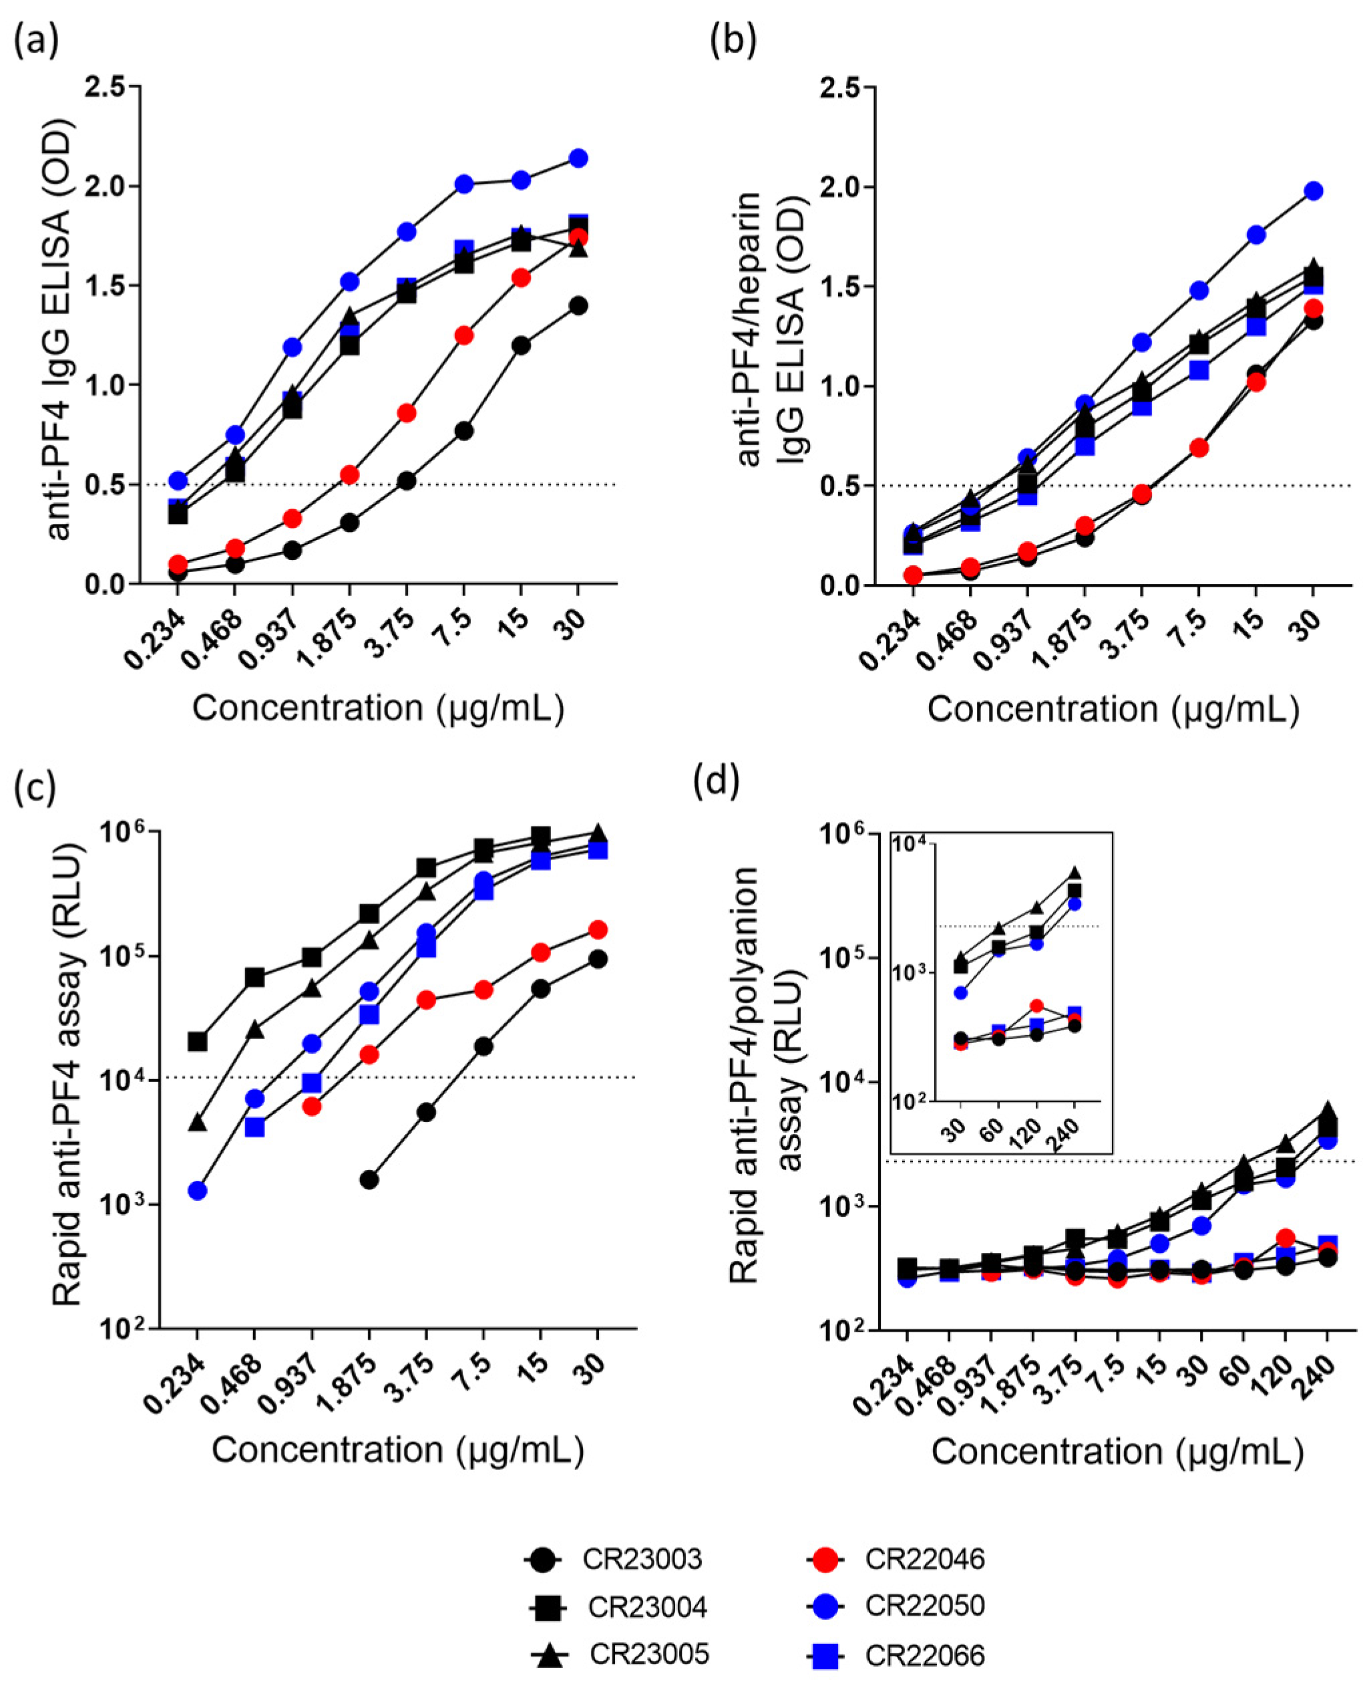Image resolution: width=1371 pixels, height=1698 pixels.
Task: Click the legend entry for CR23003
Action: (x=641, y=1559)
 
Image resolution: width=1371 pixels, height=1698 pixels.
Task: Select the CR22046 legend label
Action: (x=924, y=1559)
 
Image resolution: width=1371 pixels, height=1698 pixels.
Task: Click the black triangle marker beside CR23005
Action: (x=550, y=1655)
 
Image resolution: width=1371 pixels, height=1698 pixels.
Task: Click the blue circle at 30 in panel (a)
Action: (x=578, y=158)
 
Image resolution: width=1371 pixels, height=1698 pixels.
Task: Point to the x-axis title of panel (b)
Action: (x=1113, y=709)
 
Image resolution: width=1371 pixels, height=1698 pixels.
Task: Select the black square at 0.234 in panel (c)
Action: (x=198, y=1041)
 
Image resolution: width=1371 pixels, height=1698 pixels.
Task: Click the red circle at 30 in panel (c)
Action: (x=598, y=930)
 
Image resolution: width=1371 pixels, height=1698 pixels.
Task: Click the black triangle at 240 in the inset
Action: (x=1074, y=873)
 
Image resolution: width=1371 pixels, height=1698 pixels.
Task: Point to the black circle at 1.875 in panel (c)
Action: (x=369, y=1179)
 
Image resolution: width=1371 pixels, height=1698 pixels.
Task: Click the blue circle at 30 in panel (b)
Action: (x=1314, y=190)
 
